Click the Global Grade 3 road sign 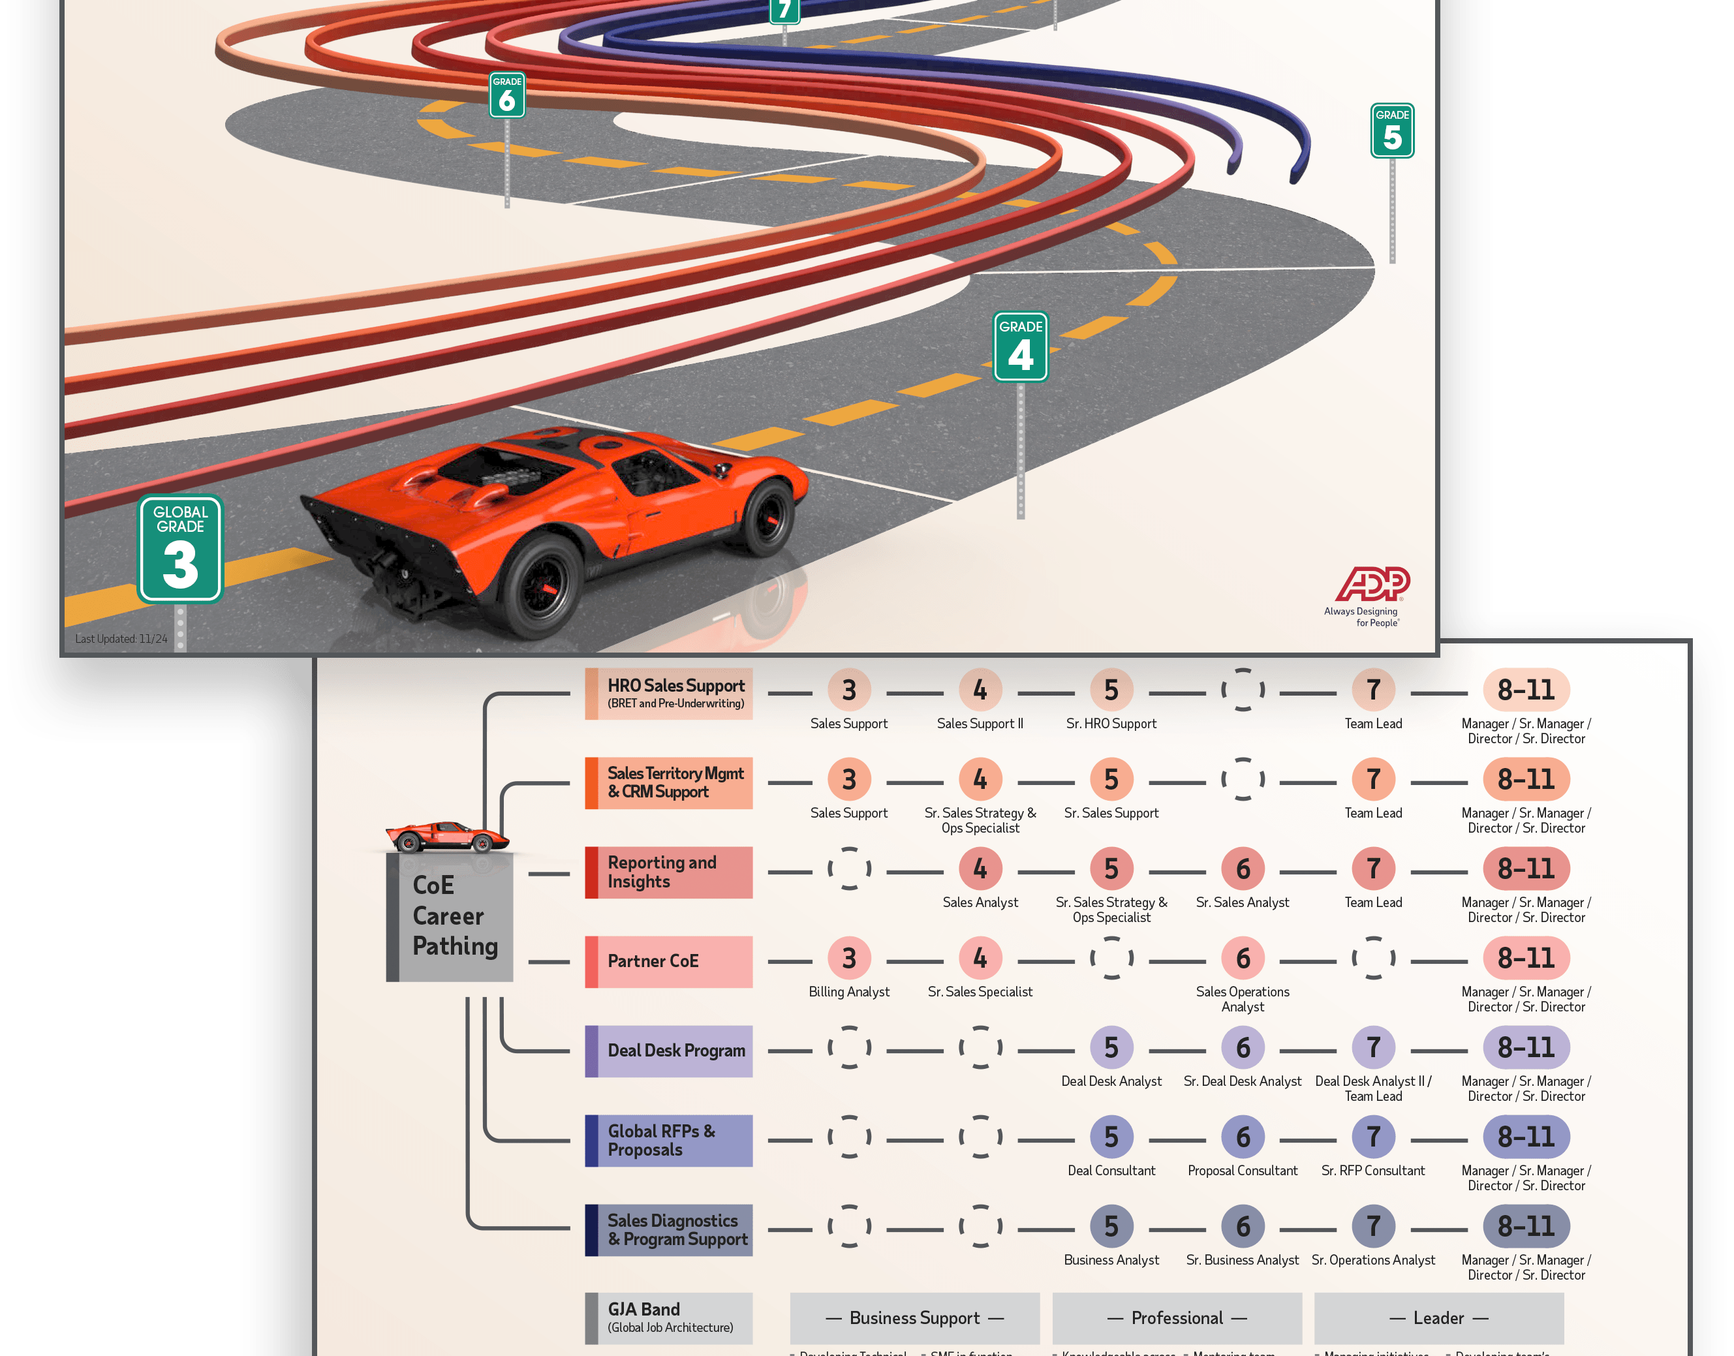tap(180, 549)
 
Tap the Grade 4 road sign tap(1020, 347)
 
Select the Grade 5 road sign tap(1392, 131)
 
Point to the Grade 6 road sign tap(506, 95)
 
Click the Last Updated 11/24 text tap(121, 638)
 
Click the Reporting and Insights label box tap(668, 872)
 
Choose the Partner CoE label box tap(668, 961)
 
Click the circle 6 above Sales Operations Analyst tap(1243, 958)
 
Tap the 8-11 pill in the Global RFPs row tap(1525, 1137)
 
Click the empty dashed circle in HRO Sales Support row tap(1243, 689)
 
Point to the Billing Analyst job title tap(849, 992)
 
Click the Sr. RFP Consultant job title tap(1372, 1170)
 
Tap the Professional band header tap(1177, 1318)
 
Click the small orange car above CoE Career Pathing tap(447, 837)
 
